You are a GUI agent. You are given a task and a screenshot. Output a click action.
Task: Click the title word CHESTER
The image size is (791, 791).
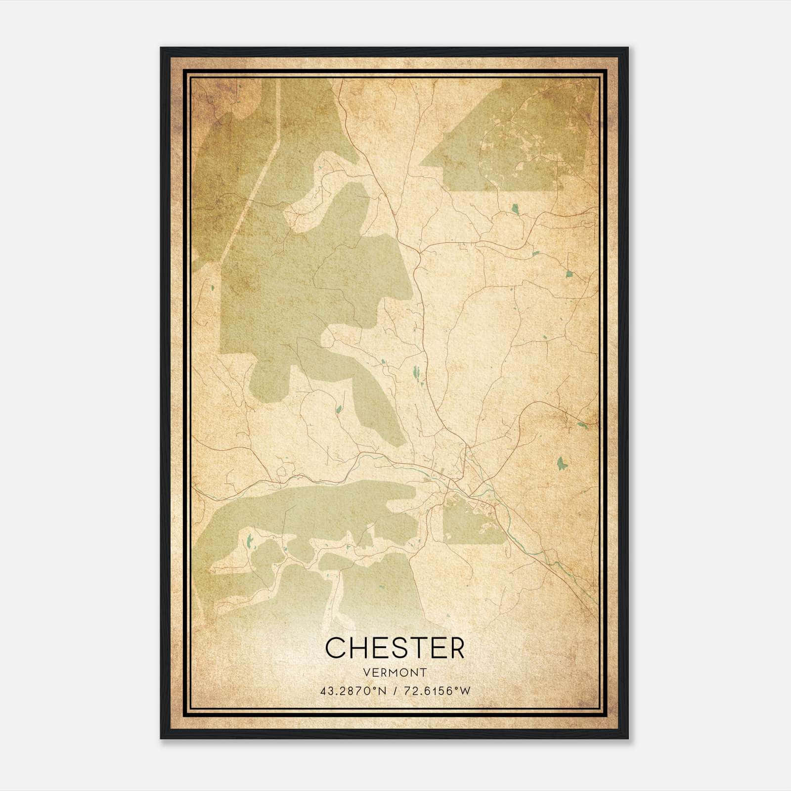click(x=395, y=648)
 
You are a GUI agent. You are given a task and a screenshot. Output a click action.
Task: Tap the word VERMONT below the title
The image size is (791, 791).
click(x=395, y=672)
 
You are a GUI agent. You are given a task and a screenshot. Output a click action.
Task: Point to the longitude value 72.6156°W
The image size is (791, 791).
click(x=438, y=691)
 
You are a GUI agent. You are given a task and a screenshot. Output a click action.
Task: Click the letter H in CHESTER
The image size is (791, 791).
click(x=358, y=648)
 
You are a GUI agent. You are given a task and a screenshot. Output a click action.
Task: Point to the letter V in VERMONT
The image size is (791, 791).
click(x=366, y=672)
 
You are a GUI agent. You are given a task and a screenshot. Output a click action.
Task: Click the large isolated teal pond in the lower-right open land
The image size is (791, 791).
click(x=561, y=463)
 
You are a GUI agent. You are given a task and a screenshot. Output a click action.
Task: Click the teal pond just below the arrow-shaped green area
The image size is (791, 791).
click(x=516, y=209)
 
